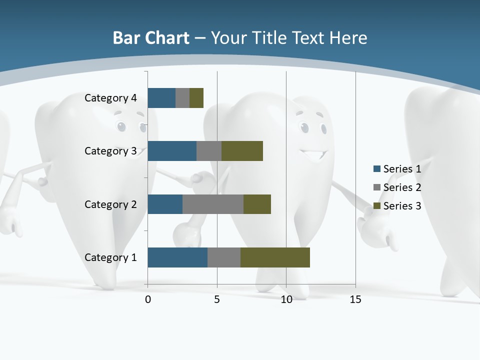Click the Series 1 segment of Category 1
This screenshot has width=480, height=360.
177,257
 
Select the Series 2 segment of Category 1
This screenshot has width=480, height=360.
224,257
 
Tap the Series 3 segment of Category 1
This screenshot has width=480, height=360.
275,257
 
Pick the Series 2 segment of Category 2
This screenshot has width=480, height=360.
213,204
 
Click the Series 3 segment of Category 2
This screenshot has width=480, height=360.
257,204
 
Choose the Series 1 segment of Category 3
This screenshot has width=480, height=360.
172,151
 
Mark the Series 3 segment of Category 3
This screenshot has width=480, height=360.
242,151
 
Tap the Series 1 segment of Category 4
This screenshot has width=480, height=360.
161,98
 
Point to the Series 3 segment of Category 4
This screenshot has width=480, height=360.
196,98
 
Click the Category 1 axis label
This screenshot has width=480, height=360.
110,257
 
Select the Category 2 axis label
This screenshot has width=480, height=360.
110,204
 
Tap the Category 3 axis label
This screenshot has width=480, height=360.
110,151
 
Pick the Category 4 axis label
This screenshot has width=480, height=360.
110,98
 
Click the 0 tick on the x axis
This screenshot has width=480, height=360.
148,299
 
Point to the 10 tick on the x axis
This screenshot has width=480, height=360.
286,299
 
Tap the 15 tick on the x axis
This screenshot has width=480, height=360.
355,299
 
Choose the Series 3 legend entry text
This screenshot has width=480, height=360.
402,206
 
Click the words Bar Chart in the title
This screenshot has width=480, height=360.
151,38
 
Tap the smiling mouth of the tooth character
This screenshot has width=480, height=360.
313,154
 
